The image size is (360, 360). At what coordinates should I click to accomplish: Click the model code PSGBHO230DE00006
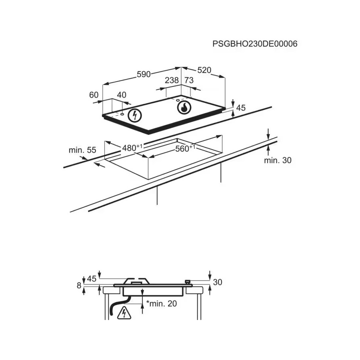click(x=255, y=44)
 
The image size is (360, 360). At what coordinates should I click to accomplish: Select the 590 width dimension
click(x=144, y=74)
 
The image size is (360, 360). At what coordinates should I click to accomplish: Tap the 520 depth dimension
click(x=204, y=70)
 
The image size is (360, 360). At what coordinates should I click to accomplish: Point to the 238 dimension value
click(x=172, y=80)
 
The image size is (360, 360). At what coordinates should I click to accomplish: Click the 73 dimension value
click(x=189, y=80)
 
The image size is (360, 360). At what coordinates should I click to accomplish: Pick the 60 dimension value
click(x=94, y=95)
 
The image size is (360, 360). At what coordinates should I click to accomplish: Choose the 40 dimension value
click(x=122, y=95)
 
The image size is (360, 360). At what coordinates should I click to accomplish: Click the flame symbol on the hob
click(x=184, y=108)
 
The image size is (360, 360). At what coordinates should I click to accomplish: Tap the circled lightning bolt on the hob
click(x=135, y=115)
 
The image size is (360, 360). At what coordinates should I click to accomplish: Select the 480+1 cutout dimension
click(x=132, y=148)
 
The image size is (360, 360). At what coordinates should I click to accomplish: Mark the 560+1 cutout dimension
click(x=185, y=148)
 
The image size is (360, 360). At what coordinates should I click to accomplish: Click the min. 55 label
click(x=82, y=150)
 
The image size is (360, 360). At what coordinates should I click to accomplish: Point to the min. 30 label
click(x=278, y=160)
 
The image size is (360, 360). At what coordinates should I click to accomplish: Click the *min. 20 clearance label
click(x=162, y=304)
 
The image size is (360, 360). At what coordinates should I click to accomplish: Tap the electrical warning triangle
click(x=124, y=313)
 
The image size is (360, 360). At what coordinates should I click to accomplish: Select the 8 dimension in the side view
click(x=79, y=285)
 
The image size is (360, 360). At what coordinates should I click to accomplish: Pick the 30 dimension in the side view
click(x=218, y=282)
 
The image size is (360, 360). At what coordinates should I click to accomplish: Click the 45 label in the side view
click(x=92, y=279)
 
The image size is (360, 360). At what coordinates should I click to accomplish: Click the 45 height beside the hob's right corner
click(x=241, y=108)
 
